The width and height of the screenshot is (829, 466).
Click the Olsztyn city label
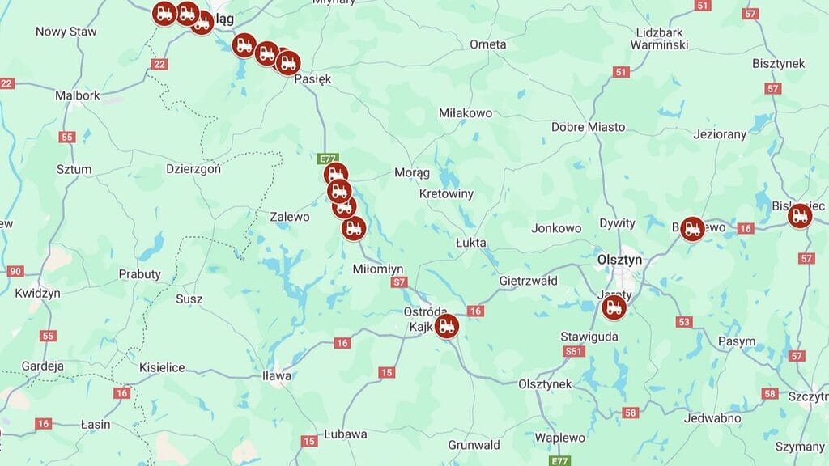click(619, 260)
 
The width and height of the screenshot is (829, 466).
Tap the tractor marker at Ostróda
click(446, 326)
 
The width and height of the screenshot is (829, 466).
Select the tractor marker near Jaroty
click(614, 307)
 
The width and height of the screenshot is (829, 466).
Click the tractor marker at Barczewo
click(691, 229)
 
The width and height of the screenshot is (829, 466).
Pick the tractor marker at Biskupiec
click(800, 215)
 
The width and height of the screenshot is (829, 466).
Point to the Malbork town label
click(77, 95)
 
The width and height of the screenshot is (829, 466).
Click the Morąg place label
click(411, 172)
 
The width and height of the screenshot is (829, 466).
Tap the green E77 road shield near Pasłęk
click(328, 158)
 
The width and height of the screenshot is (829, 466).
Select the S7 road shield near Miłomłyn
click(397, 282)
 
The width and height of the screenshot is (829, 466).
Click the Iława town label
click(276, 375)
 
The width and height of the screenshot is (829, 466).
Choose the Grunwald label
click(474, 445)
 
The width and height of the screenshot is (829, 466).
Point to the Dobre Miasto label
click(588, 127)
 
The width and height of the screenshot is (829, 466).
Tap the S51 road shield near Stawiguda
click(573, 351)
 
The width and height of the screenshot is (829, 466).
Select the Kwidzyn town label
click(37, 293)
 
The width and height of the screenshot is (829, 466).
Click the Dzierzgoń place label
click(193, 169)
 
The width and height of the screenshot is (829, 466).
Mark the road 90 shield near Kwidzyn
click(15, 271)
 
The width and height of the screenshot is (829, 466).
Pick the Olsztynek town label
click(545, 383)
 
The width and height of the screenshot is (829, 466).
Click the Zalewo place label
click(290, 217)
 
